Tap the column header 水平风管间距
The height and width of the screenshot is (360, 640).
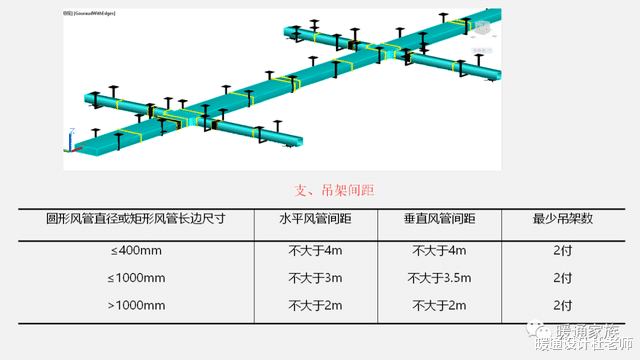315,219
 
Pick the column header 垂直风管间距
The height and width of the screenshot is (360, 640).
439,219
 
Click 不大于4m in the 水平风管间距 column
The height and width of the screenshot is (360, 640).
315,250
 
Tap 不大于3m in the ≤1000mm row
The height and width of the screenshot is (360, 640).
315,278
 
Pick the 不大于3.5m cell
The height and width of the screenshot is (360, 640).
439,278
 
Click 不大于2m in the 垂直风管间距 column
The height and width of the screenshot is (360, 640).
439,305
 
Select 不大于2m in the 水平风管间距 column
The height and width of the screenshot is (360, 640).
315,305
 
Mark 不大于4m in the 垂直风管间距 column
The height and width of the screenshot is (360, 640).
439,250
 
